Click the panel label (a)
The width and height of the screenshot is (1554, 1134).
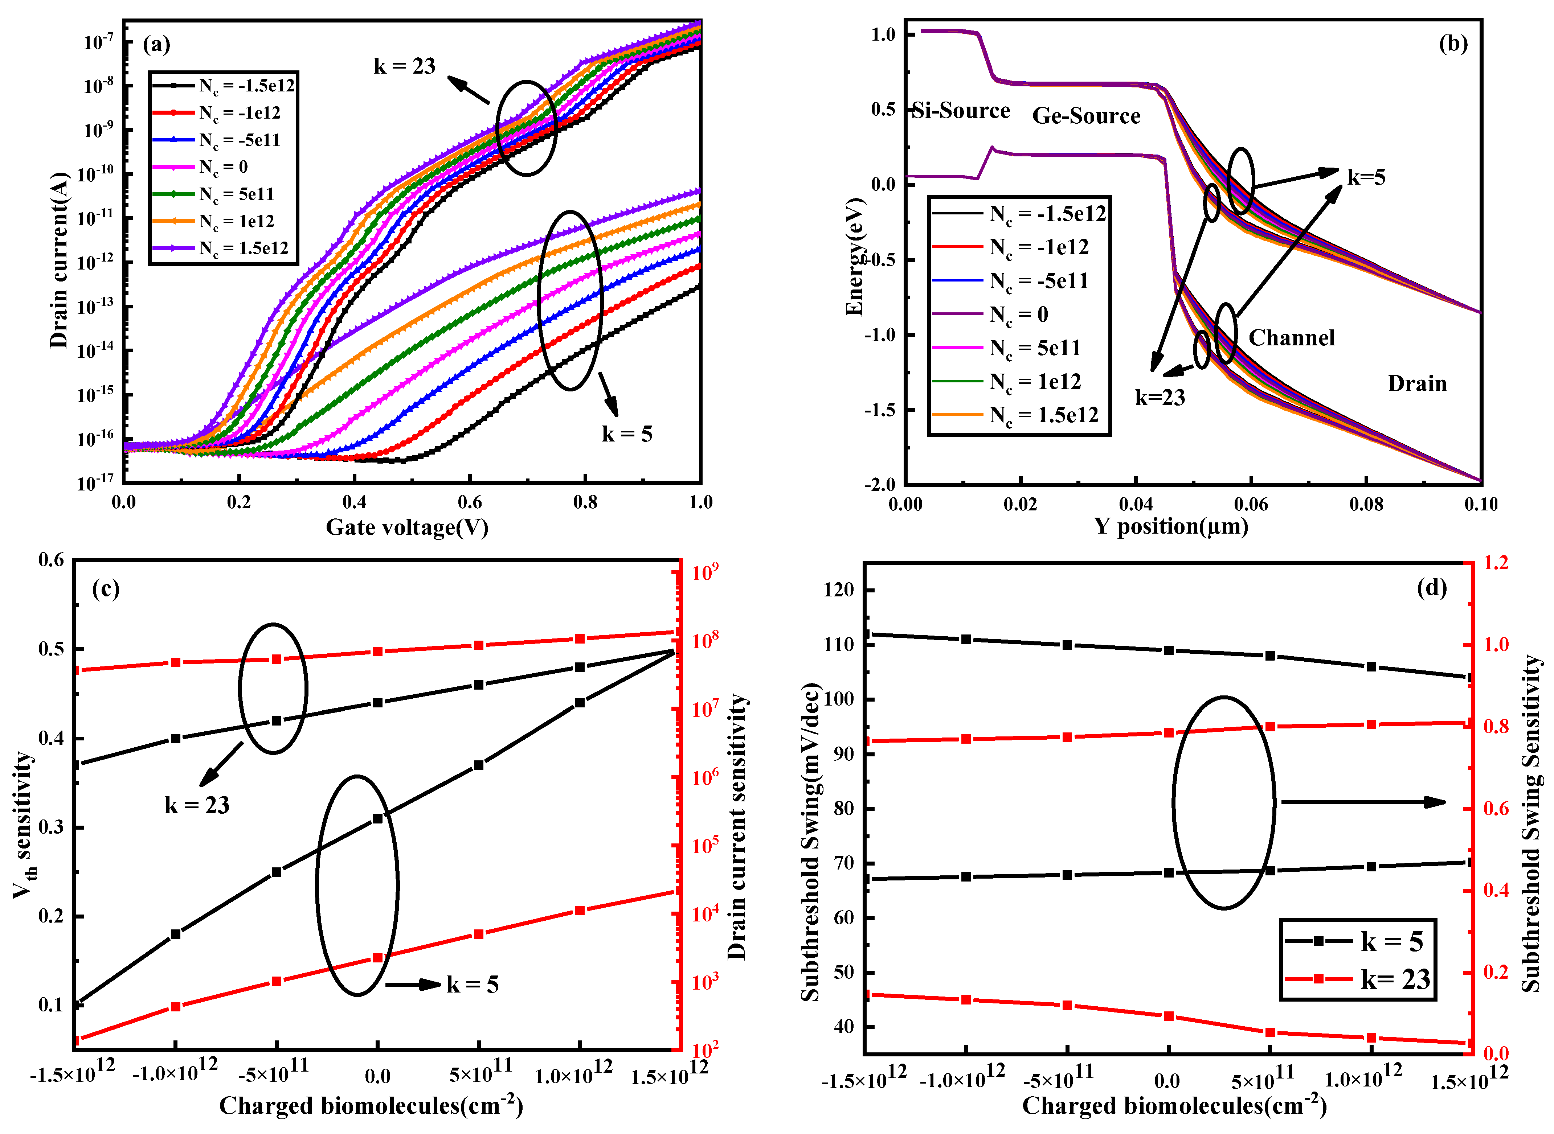click(x=156, y=45)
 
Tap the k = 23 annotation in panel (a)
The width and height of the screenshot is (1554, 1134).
click(x=404, y=67)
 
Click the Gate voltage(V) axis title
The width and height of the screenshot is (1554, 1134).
click(x=406, y=527)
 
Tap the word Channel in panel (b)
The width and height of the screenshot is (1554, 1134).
click(x=1291, y=338)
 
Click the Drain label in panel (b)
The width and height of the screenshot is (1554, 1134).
click(x=1417, y=384)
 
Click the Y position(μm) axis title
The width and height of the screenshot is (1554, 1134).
click(x=1171, y=526)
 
